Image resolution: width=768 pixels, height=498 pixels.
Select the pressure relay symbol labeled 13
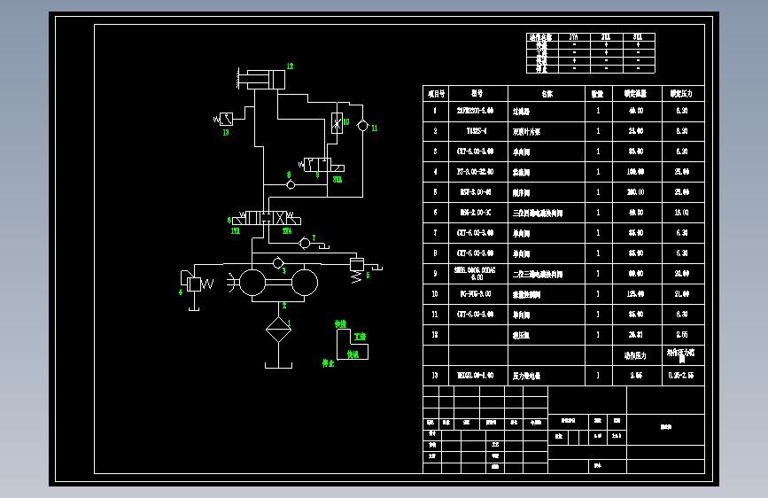pos(227,119)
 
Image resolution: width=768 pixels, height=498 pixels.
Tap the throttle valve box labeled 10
pos(337,123)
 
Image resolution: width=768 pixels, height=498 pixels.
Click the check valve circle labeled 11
pos(362,127)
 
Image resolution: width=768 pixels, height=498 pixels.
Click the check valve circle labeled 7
pos(305,242)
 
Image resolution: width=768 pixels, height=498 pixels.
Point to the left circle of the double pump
pos(252,283)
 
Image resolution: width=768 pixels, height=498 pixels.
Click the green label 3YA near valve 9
pos(337,179)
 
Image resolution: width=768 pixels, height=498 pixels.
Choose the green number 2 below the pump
pos(284,306)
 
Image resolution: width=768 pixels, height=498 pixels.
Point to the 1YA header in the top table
pos(574,37)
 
